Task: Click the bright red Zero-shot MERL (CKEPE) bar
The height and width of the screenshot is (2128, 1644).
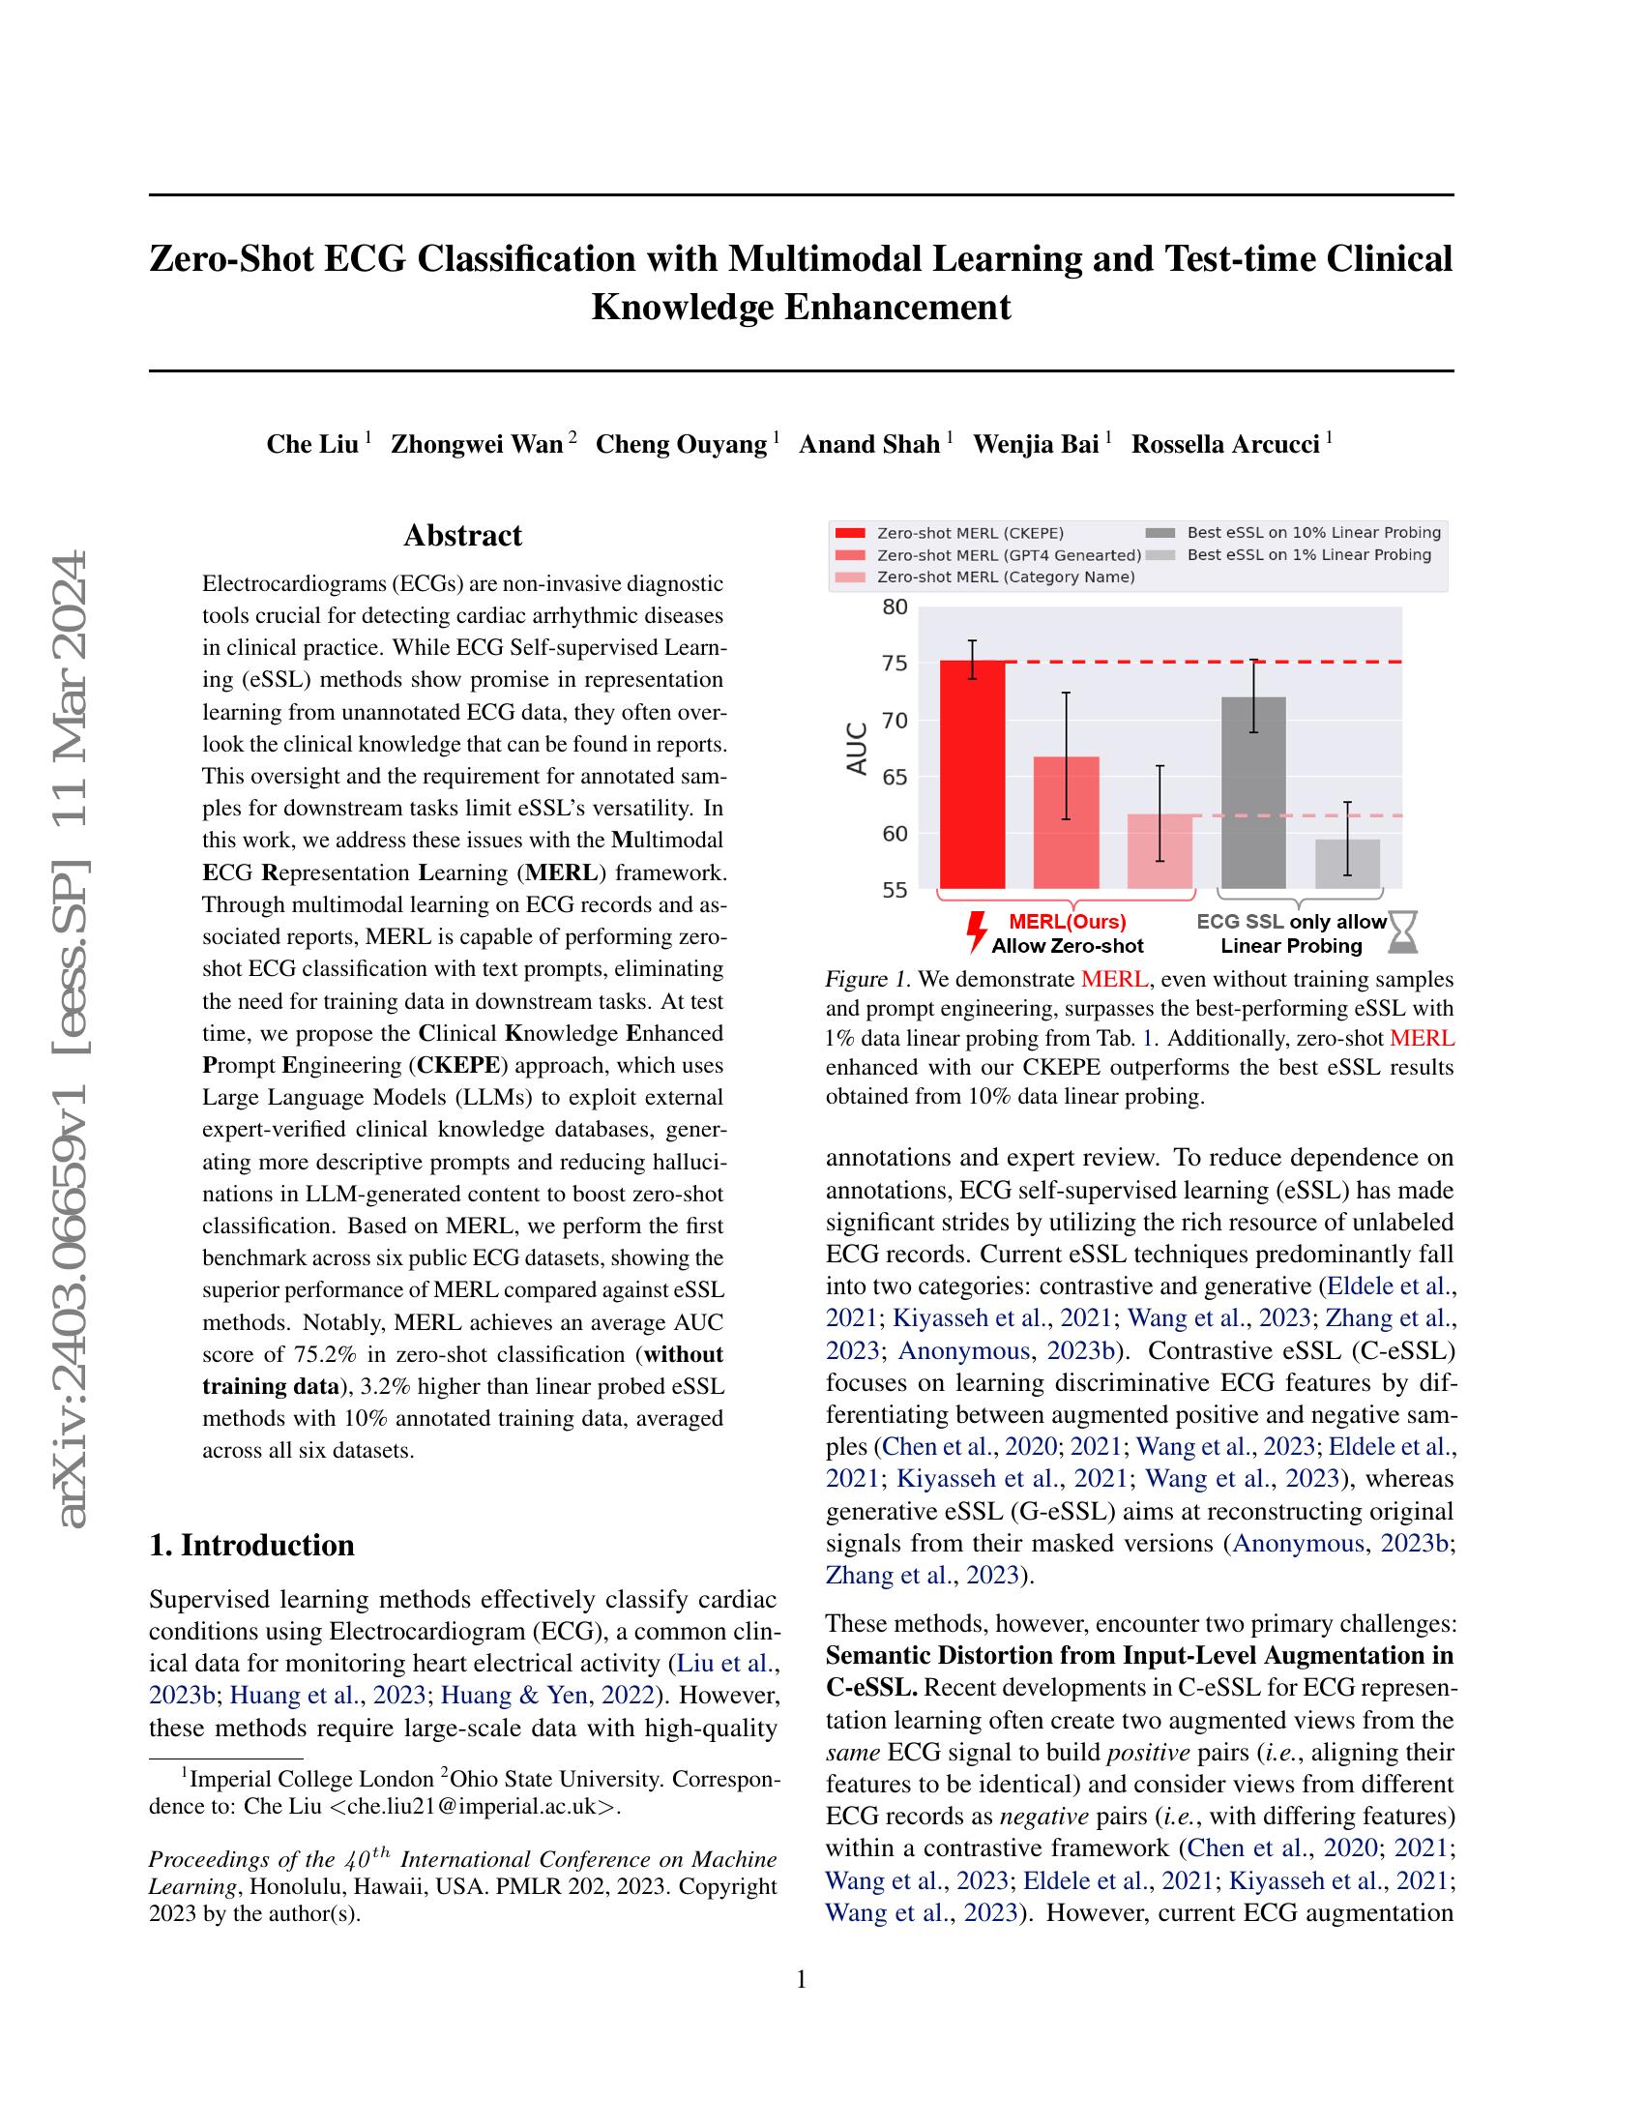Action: (x=972, y=775)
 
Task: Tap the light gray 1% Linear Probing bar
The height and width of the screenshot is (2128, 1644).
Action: (x=1348, y=863)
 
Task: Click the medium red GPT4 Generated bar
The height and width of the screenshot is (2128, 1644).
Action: (x=1066, y=822)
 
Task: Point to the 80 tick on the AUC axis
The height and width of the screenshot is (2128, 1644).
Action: (x=895, y=607)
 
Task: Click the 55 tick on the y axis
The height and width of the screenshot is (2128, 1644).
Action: (x=895, y=890)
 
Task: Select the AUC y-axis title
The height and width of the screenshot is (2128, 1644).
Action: (x=857, y=749)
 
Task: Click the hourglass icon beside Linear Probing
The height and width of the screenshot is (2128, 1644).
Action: (x=1403, y=932)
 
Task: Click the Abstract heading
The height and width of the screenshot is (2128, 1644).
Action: (x=462, y=535)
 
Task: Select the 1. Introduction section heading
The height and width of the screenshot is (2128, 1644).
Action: (x=251, y=1546)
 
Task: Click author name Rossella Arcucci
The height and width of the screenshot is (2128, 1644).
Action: (x=1225, y=444)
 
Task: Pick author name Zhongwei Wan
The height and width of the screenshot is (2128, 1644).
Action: (x=476, y=444)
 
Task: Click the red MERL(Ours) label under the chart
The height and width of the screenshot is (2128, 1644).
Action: (x=1067, y=922)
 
